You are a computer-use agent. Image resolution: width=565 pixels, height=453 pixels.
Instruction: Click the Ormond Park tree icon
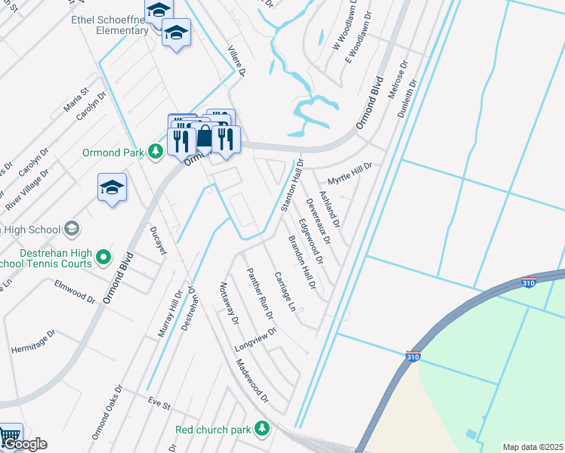coord(155,153)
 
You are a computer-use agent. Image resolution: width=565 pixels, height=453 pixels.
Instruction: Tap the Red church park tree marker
coord(262,429)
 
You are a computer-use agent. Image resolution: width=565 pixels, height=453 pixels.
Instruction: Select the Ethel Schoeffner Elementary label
coord(110,24)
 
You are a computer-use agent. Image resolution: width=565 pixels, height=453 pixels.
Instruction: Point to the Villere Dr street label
coord(236,60)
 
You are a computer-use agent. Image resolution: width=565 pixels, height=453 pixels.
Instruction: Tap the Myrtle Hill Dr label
coord(350,174)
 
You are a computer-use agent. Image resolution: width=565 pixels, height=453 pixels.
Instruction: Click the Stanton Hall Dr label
coord(292,186)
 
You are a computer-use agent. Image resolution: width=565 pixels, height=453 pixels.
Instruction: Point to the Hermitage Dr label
coord(33,341)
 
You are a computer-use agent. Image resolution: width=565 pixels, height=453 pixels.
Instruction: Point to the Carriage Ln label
coord(285,292)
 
